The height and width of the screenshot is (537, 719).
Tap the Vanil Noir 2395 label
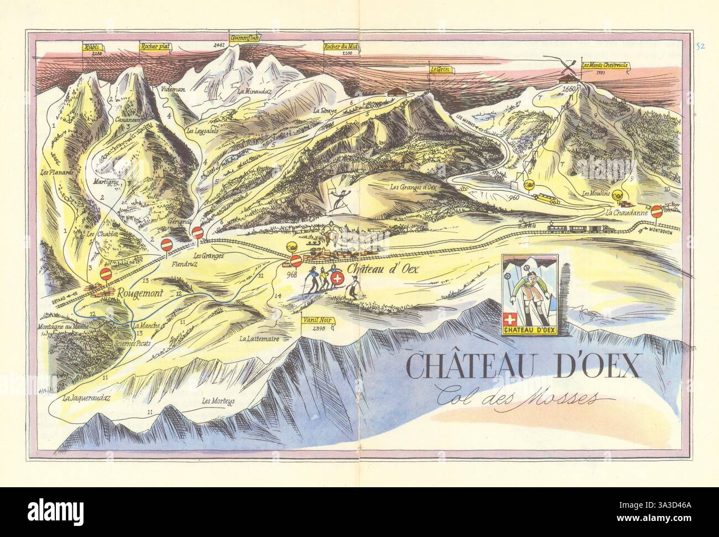pyautogui.click(x=316, y=320)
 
